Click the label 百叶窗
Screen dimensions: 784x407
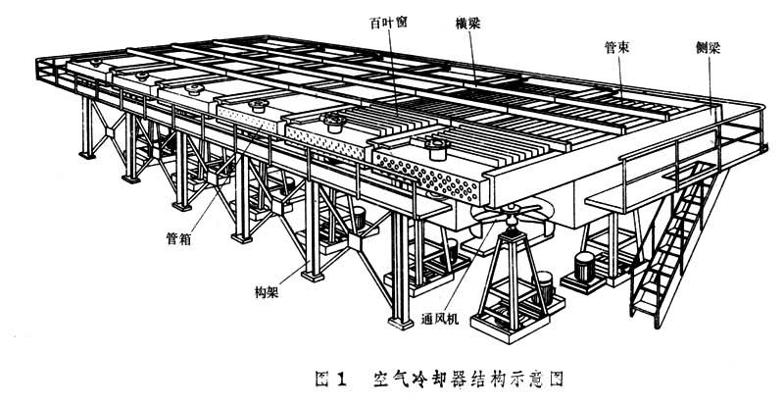[x=388, y=24]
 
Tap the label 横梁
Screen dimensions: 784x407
[x=468, y=23]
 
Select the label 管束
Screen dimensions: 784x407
[x=616, y=47]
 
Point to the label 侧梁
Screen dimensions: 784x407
[x=708, y=48]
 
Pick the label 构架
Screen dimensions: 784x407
[x=267, y=292]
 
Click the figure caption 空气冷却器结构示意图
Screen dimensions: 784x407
[x=468, y=379]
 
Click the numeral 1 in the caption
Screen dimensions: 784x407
[x=341, y=379]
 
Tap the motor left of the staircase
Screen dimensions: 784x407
[x=584, y=267]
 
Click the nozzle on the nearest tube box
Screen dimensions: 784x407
[x=437, y=148]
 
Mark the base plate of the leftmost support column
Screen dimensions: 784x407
[x=87, y=156]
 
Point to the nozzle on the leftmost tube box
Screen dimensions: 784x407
[x=96, y=63]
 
